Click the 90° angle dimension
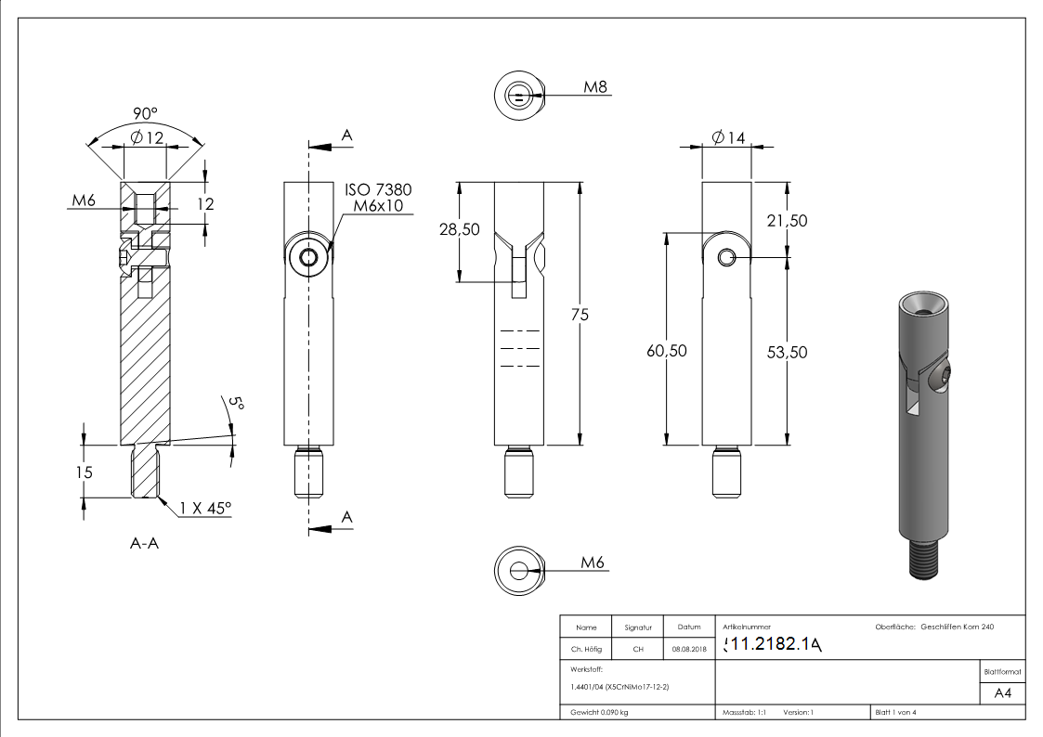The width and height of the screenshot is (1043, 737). tap(144, 112)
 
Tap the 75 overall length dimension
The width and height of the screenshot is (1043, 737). tap(580, 315)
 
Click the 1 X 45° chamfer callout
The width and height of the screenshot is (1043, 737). tap(204, 508)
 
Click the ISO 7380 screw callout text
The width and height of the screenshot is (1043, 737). tap(378, 189)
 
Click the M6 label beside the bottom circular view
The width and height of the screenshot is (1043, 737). tap(593, 562)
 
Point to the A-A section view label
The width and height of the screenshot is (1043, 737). tap(144, 544)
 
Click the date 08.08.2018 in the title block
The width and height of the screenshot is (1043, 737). tap(688, 649)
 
